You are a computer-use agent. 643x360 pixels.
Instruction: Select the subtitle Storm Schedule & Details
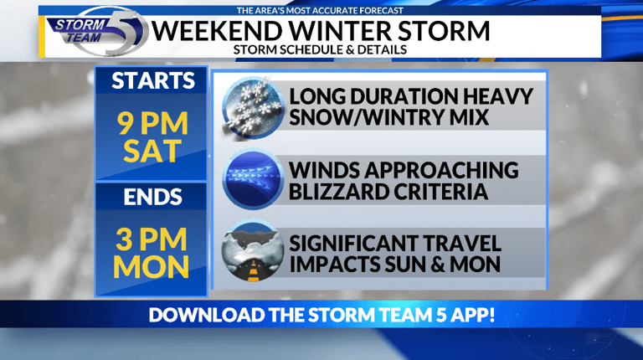tap(320, 49)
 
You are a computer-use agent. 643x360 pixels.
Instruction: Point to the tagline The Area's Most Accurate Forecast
tap(320, 11)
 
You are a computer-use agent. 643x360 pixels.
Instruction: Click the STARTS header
tap(153, 80)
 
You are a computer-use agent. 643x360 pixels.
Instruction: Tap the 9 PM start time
tap(152, 123)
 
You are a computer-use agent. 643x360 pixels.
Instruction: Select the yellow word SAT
tap(152, 151)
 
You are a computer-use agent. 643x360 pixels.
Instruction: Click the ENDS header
tap(152, 198)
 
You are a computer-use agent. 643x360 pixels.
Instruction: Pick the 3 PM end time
tap(152, 239)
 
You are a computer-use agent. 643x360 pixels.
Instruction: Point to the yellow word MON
tap(151, 267)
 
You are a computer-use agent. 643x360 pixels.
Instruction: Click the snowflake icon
tap(253, 107)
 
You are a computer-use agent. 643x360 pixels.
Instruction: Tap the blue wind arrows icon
tap(253, 180)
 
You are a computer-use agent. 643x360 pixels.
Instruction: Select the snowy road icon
tap(253, 251)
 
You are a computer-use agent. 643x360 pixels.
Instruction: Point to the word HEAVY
tap(497, 96)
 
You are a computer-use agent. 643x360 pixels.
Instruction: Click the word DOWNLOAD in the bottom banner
tap(207, 315)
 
